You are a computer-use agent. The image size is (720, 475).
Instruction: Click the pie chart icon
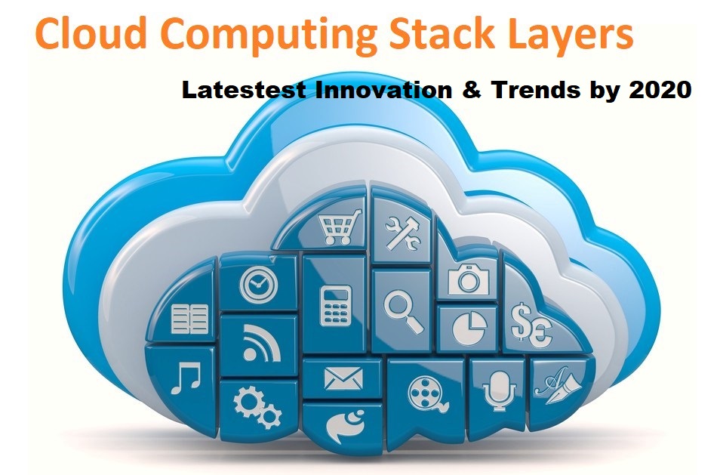pyautogui.click(x=470, y=326)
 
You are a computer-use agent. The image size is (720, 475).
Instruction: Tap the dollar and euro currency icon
pyautogui.click(x=531, y=325)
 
